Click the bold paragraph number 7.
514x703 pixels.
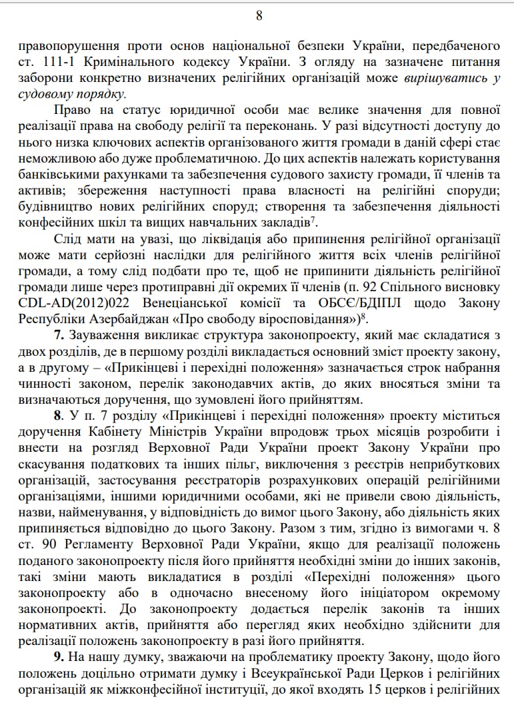pyautogui.click(x=59, y=335)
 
